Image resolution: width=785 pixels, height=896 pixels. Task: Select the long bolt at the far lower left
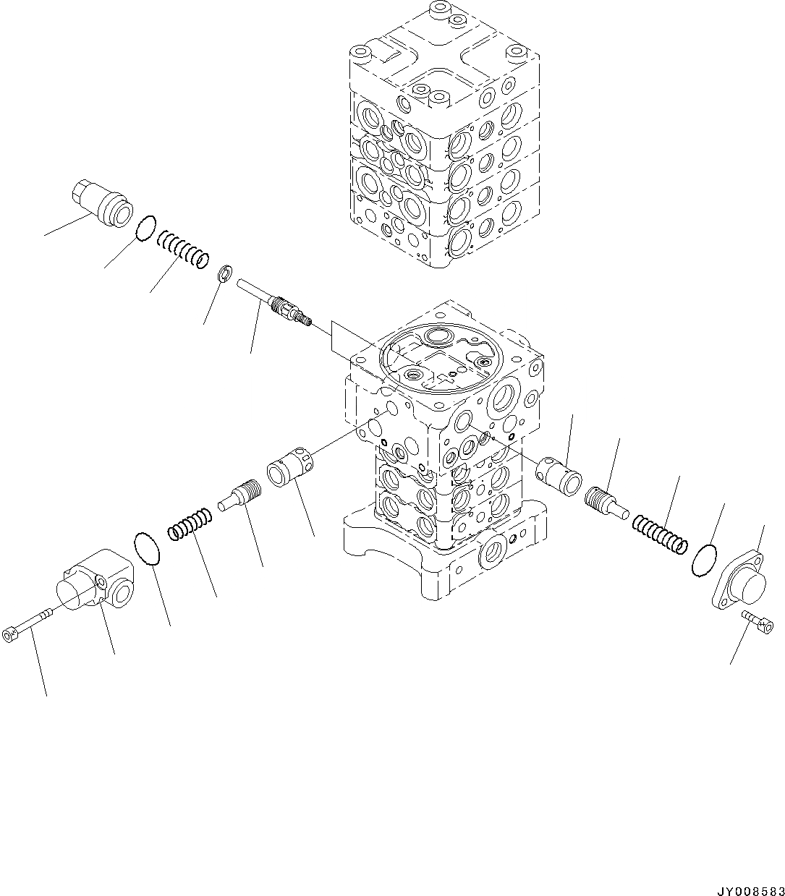click(27, 624)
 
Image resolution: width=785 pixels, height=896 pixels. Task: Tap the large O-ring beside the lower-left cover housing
click(147, 547)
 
